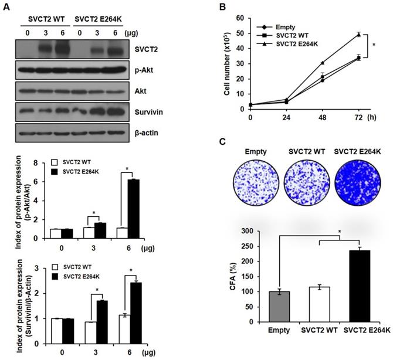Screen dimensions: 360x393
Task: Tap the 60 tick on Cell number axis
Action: (x=240, y=19)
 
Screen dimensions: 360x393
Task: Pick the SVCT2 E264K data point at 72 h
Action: (x=359, y=35)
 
